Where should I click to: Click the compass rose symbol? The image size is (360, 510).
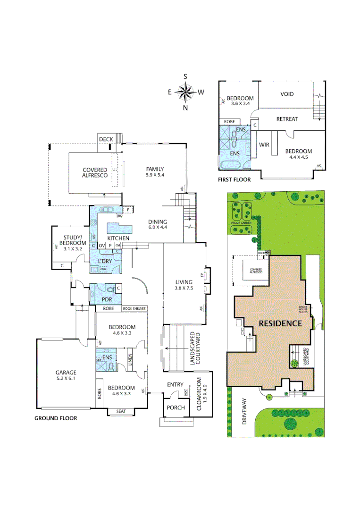tap(186, 91)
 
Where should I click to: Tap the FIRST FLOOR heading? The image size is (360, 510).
tap(234, 179)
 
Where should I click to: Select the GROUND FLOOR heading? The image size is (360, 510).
tap(56, 418)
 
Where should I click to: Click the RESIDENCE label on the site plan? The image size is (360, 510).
tap(280, 323)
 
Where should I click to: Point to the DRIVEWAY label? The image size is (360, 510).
tap(244, 412)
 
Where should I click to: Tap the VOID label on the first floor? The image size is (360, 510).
tap(287, 94)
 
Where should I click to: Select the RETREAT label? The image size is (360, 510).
tap(287, 119)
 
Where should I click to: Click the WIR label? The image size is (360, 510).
tap(264, 144)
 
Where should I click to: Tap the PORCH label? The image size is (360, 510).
tap(176, 408)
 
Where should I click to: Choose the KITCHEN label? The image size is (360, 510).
tap(118, 238)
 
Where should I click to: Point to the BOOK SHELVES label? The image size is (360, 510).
tap(134, 309)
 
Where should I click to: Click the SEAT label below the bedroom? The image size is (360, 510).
tap(121, 411)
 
